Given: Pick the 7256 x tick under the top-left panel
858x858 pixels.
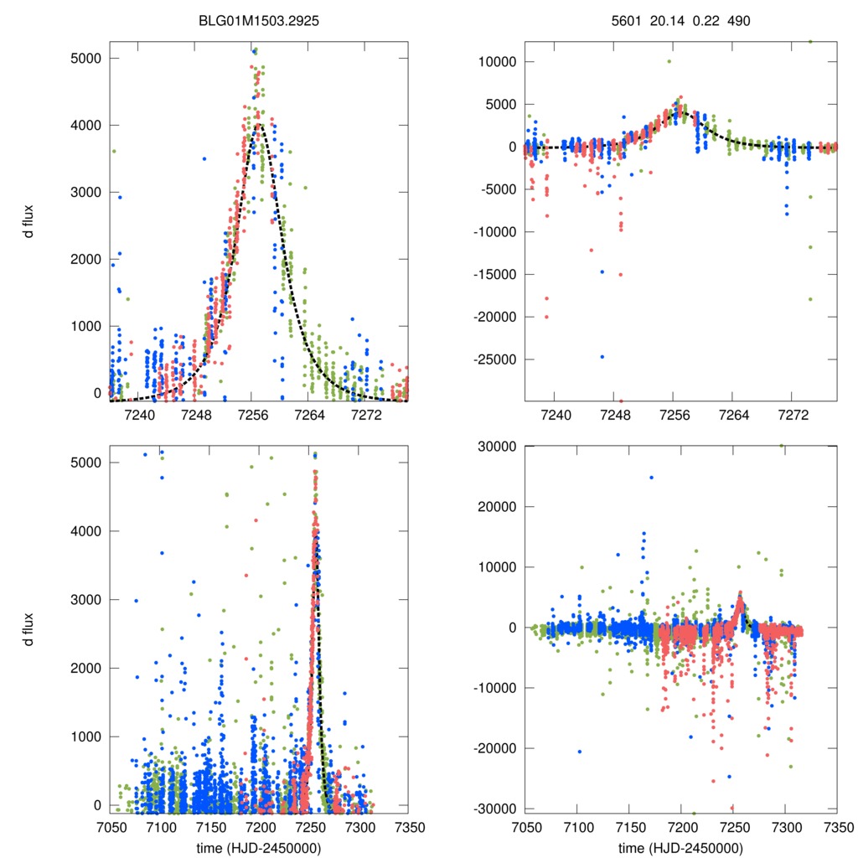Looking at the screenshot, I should tap(252, 415).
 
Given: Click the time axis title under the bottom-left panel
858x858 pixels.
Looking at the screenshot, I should tap(259, 847).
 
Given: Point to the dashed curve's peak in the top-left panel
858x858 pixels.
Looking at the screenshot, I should tap(259, 125).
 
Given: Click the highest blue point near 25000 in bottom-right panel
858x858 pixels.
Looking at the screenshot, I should tap(651, 478).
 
